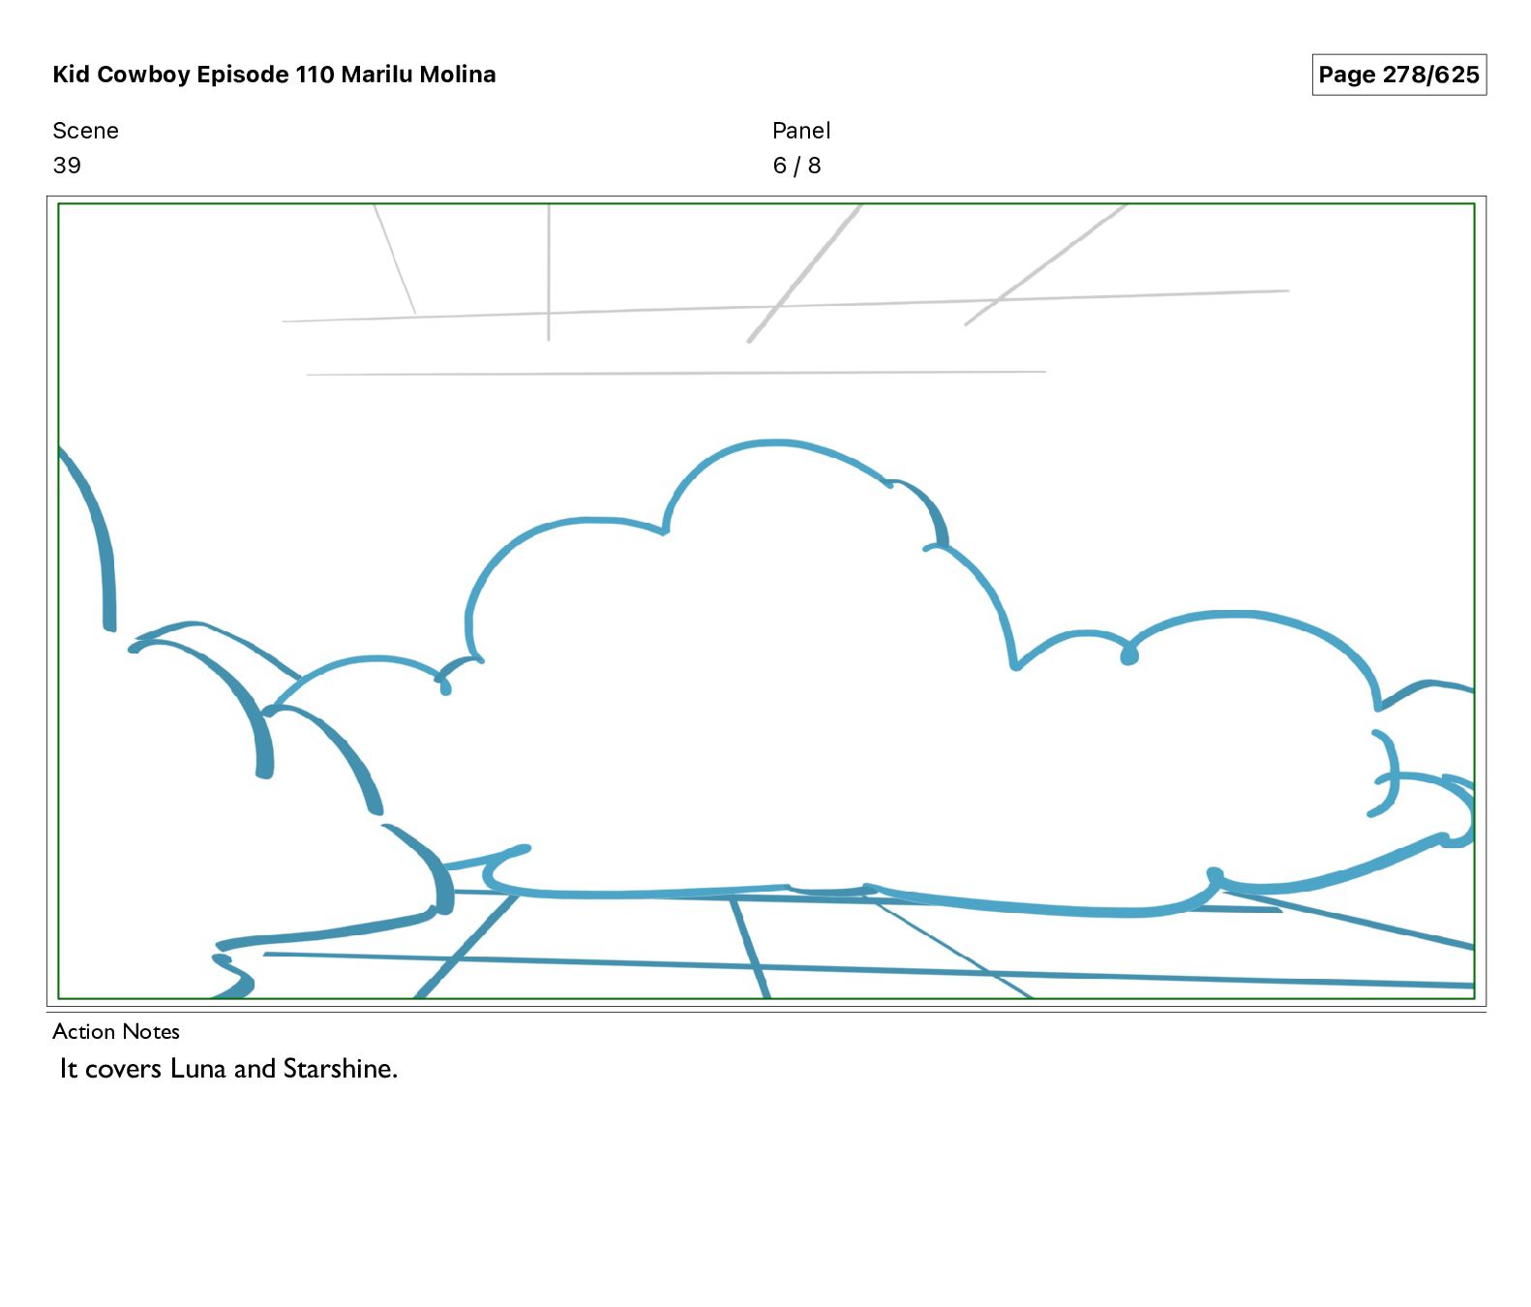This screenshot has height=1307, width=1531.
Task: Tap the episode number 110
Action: coord(315,75)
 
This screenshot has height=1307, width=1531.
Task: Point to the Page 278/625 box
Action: coord(1398,75)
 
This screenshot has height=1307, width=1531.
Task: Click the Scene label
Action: coord(85,131)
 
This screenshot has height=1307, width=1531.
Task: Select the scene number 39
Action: coord(67,166)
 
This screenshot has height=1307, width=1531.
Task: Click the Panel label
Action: coord(801,131)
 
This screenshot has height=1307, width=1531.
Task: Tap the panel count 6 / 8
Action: coord(796,166)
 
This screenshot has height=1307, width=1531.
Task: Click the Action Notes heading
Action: coord(116,1031)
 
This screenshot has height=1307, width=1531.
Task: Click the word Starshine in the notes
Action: coord(339,1069)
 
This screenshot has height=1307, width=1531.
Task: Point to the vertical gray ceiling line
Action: coord(549,271)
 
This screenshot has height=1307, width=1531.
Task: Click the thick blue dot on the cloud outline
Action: coord(1128,656)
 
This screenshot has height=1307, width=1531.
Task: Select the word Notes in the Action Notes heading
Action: coord(152,1031)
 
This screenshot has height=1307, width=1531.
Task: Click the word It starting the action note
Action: coord(68,1069)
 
